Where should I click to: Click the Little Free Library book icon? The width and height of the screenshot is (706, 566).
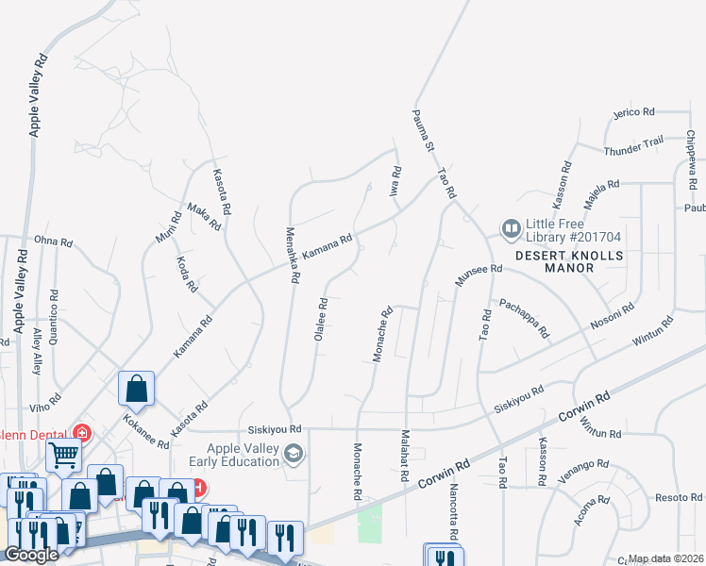pos(511,229)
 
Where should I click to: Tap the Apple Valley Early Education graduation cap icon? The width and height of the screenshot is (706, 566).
pos(294,456)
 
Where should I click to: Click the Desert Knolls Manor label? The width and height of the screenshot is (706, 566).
pos(555,261)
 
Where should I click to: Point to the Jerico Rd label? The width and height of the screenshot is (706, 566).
pos(633,112)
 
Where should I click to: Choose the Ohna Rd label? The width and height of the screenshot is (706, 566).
pos(53,242)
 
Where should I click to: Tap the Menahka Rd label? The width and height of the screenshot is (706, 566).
pos(293,255)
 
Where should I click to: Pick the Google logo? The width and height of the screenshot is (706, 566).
pos(31,555)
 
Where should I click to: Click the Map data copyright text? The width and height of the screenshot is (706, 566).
pos(666,559)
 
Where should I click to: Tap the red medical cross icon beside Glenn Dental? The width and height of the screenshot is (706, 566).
pos(83,433)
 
